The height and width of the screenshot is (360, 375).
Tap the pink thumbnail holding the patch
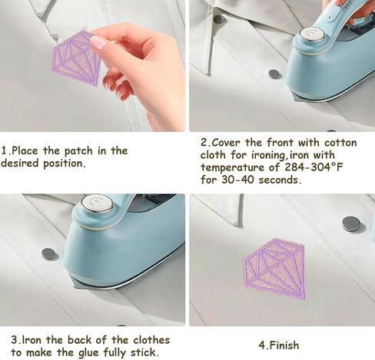tap(98, 43)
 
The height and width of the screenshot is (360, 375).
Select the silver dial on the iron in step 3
tap(98, 203)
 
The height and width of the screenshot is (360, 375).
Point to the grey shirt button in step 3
tap(48, 253)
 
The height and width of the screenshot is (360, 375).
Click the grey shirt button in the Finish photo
tap(351, 223)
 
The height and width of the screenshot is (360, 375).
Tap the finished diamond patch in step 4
tap(274, 269)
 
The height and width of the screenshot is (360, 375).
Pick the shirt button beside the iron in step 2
tap(275, 74)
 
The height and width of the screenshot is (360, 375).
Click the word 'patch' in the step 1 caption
tap(78, 151)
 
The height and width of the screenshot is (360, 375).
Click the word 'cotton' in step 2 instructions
tap(340, 143)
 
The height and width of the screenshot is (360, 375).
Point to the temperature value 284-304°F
tap(314, 167)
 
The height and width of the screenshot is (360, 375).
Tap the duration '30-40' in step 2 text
tap(237, 180)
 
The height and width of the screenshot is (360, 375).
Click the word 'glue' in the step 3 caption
tap(89, 353)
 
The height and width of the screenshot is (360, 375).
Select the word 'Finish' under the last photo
tap(284, 345)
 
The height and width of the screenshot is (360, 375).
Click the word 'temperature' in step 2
tap(232, 167)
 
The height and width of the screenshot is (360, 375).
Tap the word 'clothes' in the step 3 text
tap(151, 340)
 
